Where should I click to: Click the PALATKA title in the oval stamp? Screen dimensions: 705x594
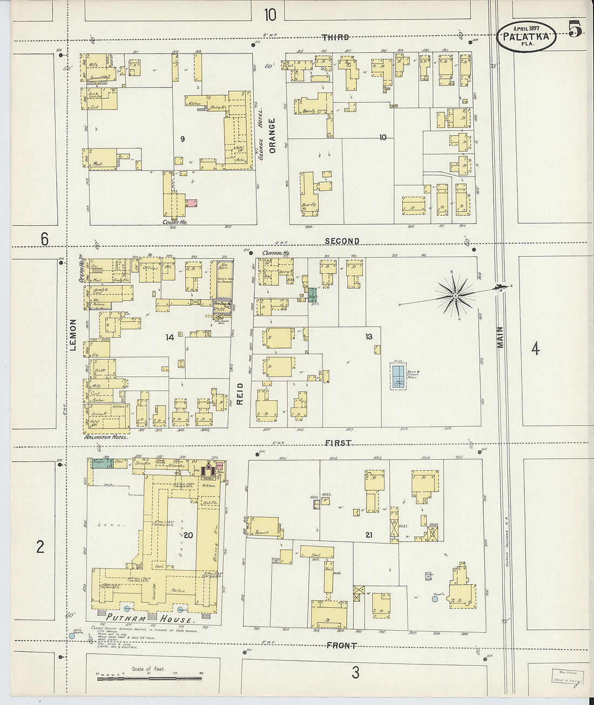coord(526,37)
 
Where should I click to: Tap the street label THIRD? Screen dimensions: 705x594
coord(335,37)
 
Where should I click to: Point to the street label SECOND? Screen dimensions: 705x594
coord(342,241)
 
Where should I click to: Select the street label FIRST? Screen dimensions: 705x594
coord(339,443)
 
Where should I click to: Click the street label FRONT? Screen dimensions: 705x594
coord(341,646)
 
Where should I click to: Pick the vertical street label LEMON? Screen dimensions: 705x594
coord(73,334)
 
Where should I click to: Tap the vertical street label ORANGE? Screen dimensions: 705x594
coord(272,135)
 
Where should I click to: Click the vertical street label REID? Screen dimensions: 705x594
coord(240,394)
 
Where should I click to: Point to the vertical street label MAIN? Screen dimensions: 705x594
coord(500,337)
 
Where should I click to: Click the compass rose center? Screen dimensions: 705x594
coord(456,295)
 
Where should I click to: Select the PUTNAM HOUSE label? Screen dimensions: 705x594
coord(149,618)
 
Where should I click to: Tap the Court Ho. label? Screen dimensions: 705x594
coord(174,222)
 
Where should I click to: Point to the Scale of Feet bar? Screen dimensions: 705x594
coord(149,678)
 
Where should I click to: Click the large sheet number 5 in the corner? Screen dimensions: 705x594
coord(575,28)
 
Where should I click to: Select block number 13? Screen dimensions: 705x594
coord(369,337)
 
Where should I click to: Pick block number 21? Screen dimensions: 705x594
coord(369,535)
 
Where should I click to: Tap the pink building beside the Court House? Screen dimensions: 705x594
coord(191,203)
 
